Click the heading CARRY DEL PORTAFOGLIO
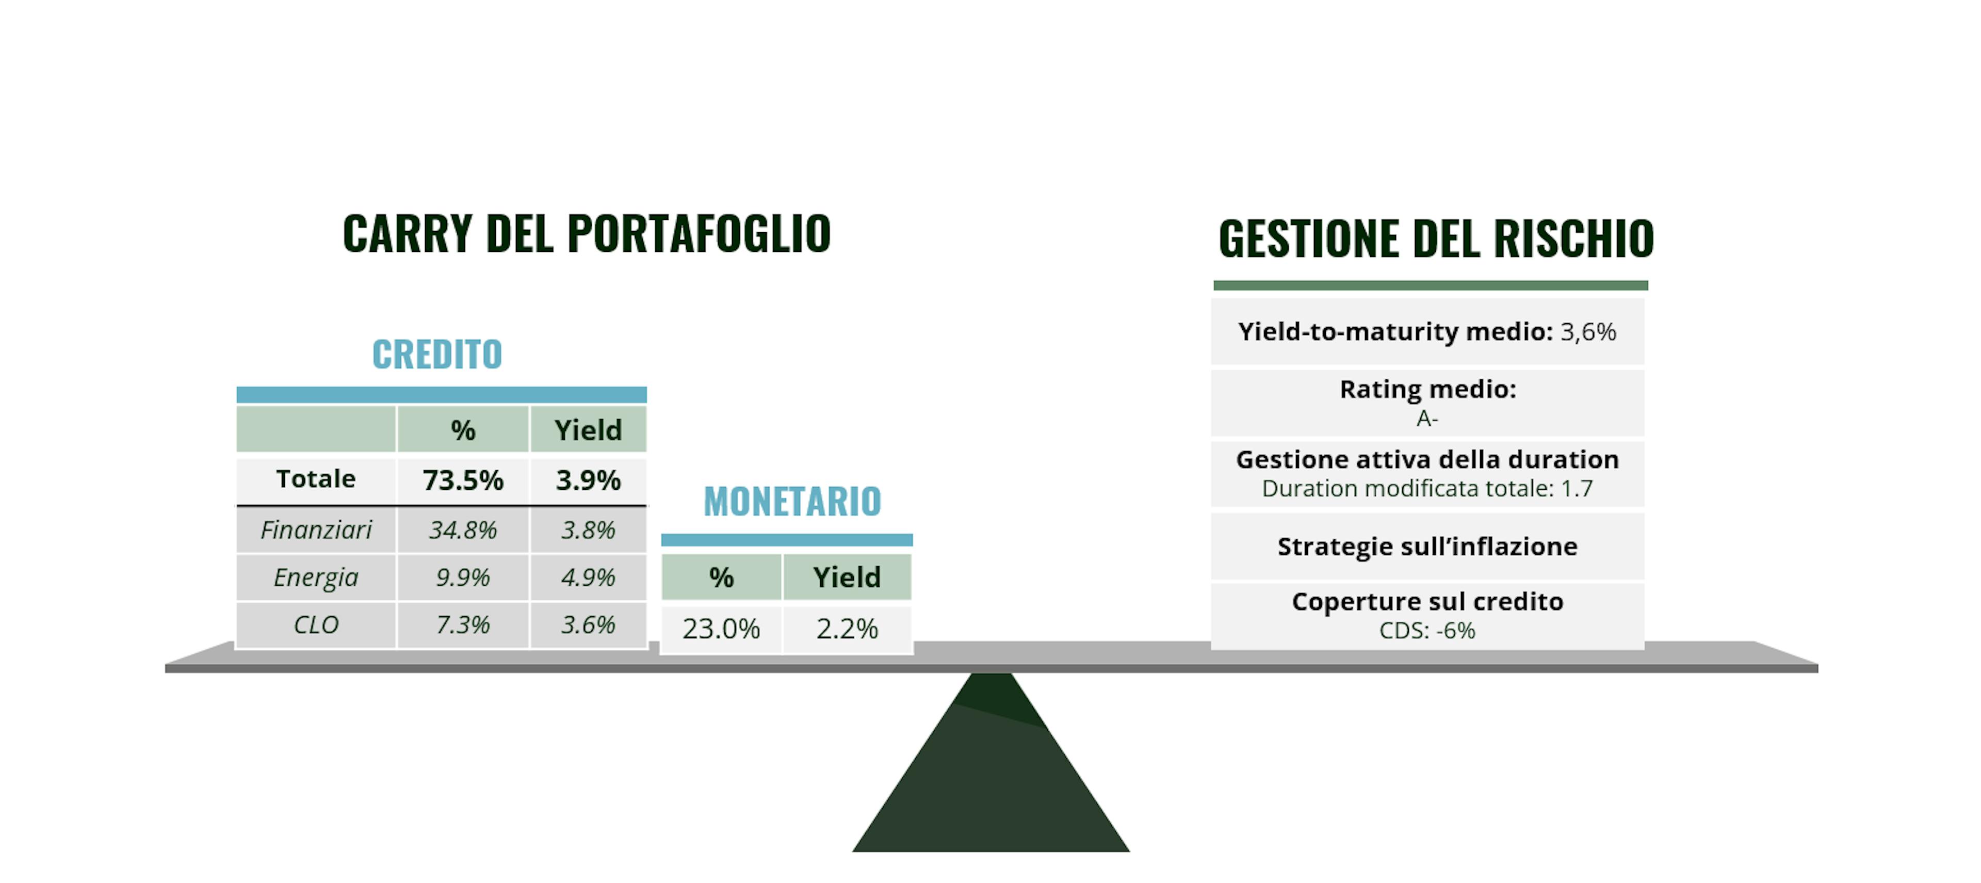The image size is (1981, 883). (x=587, y=233)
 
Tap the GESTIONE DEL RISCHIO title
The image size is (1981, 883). (x=1436, y=238)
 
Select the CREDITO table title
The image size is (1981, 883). (x=437, y=355)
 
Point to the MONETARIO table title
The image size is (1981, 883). (x=792, y=502)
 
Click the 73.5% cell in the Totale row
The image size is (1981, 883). (x=463, y=480)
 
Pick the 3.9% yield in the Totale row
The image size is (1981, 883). (x=588, y=480)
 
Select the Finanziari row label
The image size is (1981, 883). (x=316, y=530)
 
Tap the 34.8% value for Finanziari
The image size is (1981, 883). (x=463, y=530)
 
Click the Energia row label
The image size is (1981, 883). (x=316, y=577)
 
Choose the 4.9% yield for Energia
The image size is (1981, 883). (x=588, y=577)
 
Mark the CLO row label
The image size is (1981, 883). (x=316, y=624)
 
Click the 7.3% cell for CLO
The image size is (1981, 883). (x=463, y=624)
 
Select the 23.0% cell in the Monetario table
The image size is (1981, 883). (x=721, y=629)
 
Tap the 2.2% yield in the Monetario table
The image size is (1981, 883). (x=847, y=629)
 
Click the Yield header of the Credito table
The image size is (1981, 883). (x=588, y=430)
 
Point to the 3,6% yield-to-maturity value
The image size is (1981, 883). (x=1588, y=332)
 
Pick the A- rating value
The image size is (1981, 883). (x=1427, y=419)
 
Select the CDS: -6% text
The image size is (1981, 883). (x=1427, y=631)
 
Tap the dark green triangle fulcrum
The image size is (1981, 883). (x=990, y=777)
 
